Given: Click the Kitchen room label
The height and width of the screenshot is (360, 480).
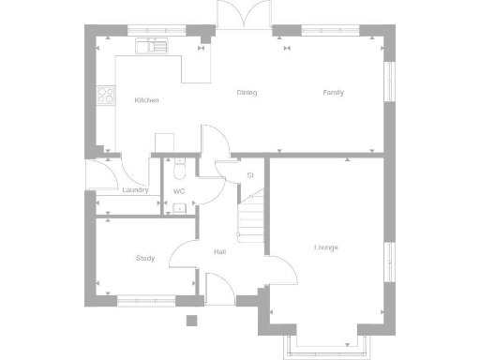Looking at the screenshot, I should [x=147, y=99].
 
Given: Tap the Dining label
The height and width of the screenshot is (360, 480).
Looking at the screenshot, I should [x=247, y=93].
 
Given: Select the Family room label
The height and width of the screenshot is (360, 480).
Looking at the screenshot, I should [x=333, y=93].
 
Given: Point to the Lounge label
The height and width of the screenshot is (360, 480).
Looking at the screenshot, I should [x=325, y=247].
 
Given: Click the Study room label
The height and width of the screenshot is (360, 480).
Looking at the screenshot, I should [x=144, y=258].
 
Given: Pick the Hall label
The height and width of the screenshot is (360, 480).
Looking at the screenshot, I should [x=219, y=252].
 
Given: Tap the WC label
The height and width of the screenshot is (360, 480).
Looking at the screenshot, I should [x=178, y=191].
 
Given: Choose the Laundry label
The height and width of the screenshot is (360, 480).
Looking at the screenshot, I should [x=135, y=190].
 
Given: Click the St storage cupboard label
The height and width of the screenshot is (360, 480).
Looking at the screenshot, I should [x=250, y=175].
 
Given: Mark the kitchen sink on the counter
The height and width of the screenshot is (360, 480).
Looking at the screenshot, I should [x=150, y=44].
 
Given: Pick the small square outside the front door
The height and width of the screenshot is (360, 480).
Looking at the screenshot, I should [x=191, y=320].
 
